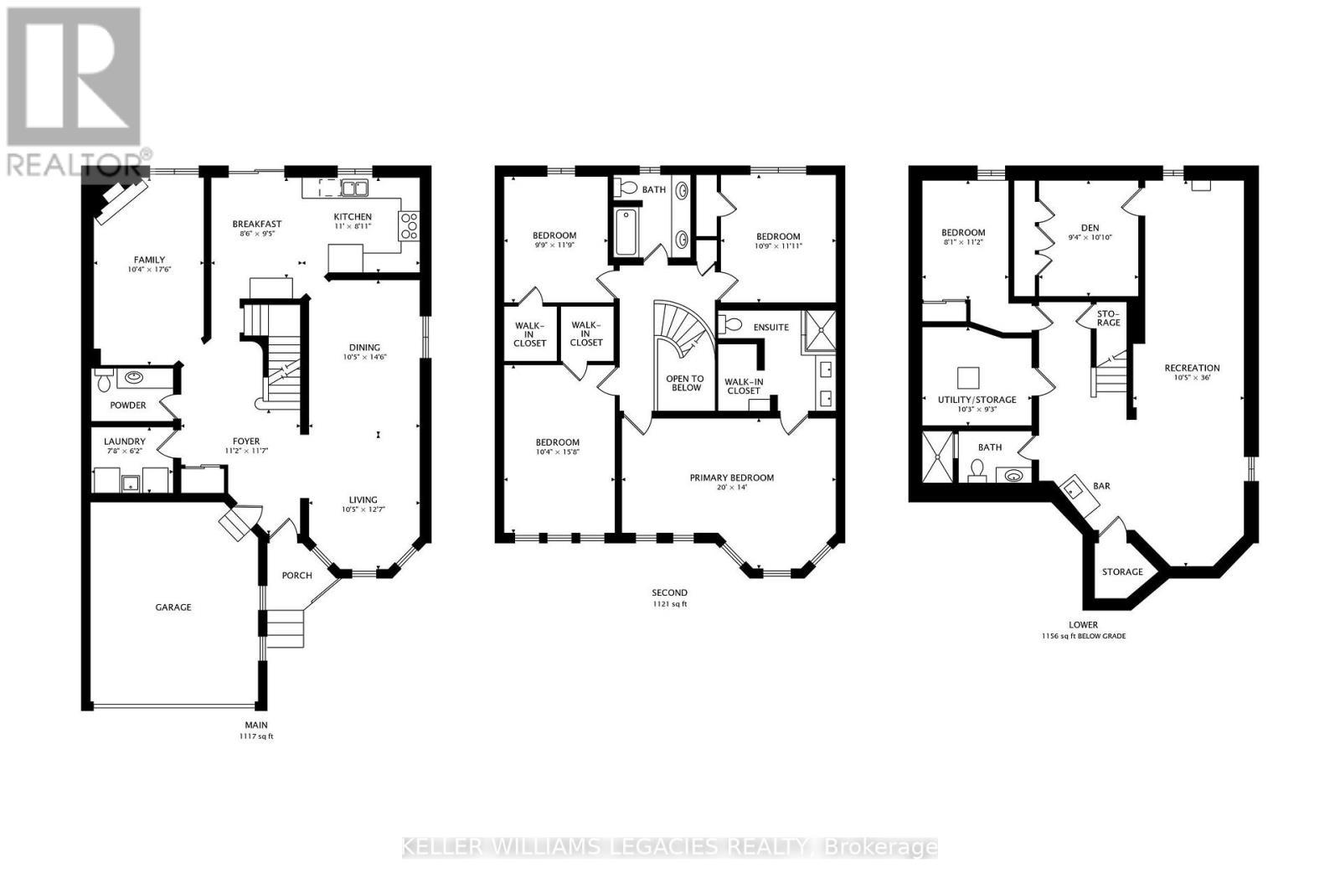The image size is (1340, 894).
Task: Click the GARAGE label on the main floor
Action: click(173, 607)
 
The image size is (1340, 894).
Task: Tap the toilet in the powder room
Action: click(103, 381)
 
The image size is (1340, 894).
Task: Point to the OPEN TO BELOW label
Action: click(684, 383)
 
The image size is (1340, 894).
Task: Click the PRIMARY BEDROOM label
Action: click(731, 478)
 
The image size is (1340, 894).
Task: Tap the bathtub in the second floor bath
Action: click(625, 232)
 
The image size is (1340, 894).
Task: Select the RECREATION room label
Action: click(1192, 368)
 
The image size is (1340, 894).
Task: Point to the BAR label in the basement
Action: click(1101, 486)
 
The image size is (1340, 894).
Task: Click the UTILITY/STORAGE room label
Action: click(977, 400)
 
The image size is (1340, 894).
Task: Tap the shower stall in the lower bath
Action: click(937, 457)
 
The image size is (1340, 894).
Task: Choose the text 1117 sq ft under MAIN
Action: click(256, 736)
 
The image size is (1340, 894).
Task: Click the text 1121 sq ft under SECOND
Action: click(669, 604)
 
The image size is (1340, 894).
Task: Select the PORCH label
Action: click(296, 576)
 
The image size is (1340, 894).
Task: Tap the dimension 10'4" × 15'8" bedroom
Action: click(557, 452)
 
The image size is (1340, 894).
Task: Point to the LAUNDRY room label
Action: click(125, 442)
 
